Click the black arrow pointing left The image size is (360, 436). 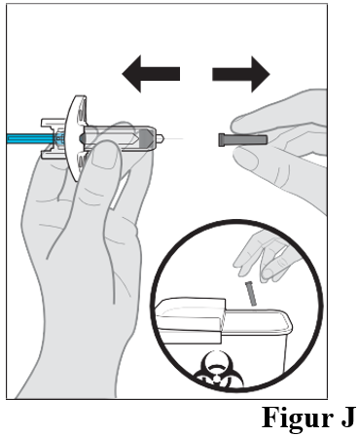coord(151,74)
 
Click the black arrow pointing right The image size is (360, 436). coord(241,74)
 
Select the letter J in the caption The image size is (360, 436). coord(348,417)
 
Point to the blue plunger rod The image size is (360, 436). coord(32,139)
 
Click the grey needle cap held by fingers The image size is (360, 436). coord(243,140)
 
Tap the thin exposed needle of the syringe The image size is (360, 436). coord(174,139)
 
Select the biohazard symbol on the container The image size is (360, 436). coord(218,372)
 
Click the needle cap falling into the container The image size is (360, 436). coord(251,293)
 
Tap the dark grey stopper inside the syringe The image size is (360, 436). coord(146,138)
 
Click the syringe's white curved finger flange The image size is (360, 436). coord(74,138)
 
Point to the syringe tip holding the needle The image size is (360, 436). coord(160,138)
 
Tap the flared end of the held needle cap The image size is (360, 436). coord(221,140)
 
